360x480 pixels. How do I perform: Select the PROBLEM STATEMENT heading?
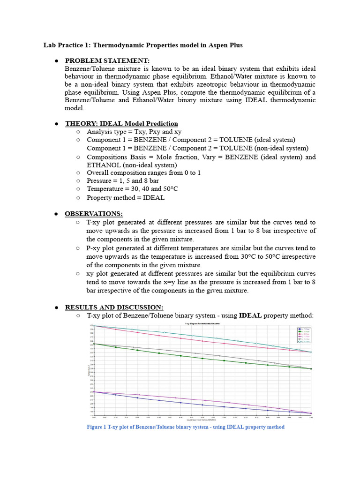pyautogui.click(x=107, y=60)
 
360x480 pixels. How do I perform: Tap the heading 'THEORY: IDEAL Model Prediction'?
pyautogui.click(x=121, y=123)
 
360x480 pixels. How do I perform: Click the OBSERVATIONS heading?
pyautogui.click(x=93, y=213)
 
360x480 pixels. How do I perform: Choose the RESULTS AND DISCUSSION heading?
pyautogui.click(x=114, y=307)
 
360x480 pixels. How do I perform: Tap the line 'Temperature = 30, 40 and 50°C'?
pyautogui.click(x=132, y=189)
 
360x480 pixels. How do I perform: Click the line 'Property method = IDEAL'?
pyautogui.click(x=126, y=197)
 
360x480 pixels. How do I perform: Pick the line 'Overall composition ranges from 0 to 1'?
pyautogui.click(x=143, y=172)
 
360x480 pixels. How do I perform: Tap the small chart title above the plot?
pyautogui.click(x=202, y=324)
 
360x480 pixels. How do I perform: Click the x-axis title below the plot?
pyautogui.click(x=202, y=420)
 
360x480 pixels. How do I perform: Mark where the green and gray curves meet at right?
pyautogui.click(x=311, y=368)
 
